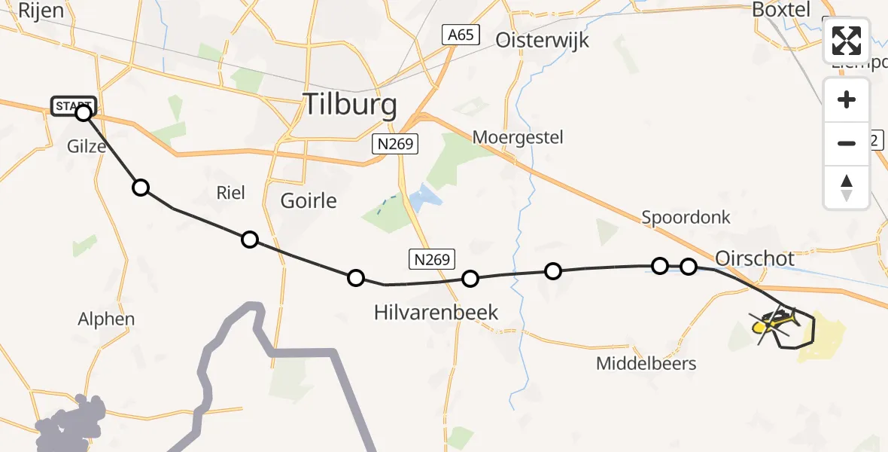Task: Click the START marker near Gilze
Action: pos(74,106)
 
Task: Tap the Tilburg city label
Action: pos(349,105)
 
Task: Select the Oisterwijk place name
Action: pos(542,40)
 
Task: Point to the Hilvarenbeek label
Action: pos(436,312)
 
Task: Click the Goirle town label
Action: pos(309,201)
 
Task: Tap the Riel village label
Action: pos(230,193)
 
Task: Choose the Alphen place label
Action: pos(106,319)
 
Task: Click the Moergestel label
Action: pos(518,137)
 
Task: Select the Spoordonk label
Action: pos(686,218)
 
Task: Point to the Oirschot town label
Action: pos(755,258)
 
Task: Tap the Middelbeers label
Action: pos(646,364)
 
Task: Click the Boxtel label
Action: pos(781,10)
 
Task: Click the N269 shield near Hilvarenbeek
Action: pos(432,260)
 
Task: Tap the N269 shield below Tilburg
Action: pos(395,144)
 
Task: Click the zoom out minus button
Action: pos(847,143)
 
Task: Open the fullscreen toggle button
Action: pos(847,41)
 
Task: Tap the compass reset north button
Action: pos(847,188)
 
